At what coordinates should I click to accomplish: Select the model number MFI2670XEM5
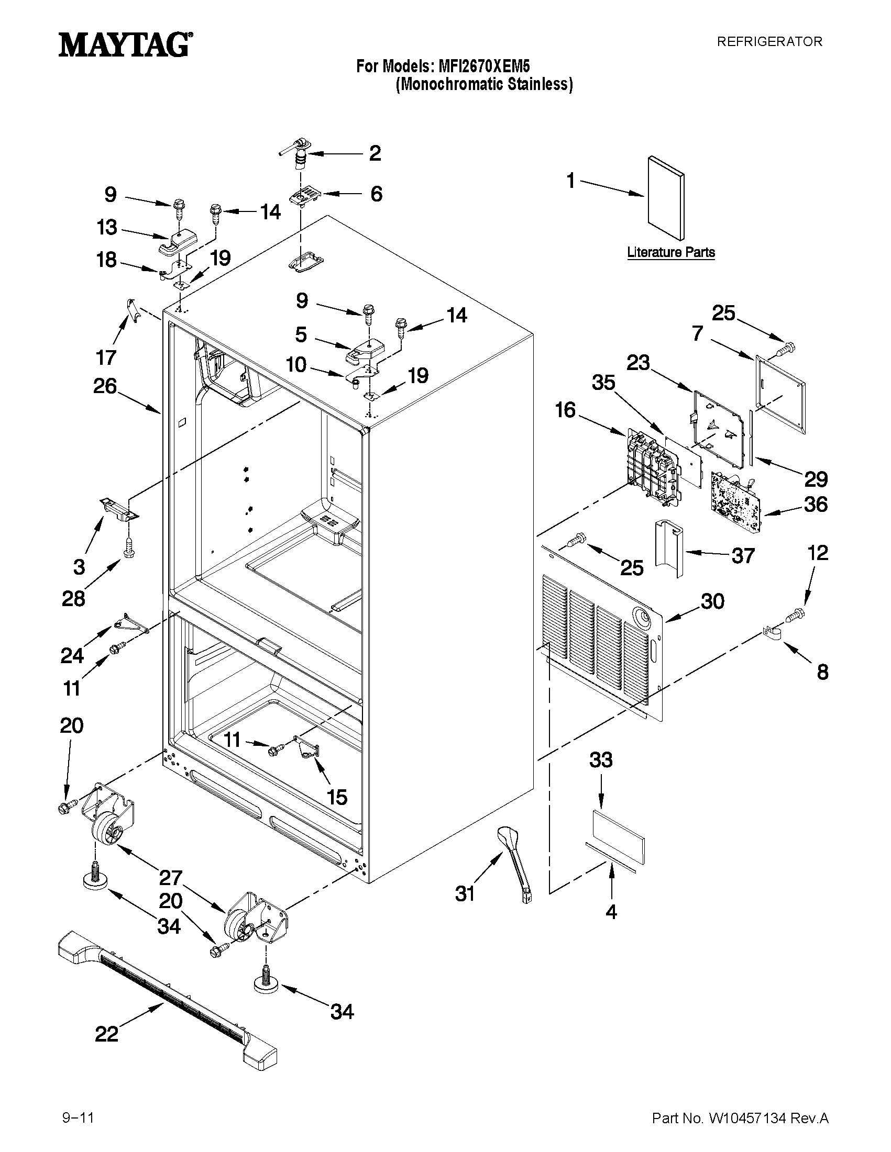(x=481, y=66)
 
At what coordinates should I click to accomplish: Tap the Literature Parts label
(x=671, y=252)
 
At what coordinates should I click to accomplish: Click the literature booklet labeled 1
(x=666, y=198)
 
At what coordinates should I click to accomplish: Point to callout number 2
(x=375, y=153)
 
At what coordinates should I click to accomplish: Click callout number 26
(x=105, y=386)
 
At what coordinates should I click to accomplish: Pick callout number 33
(x=601, y=760)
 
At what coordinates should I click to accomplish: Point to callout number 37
(x=743, y=555)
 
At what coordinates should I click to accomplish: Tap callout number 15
(x=337, y=797)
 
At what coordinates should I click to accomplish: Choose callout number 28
(x=73, y=599)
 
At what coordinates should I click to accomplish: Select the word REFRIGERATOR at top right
(x=769, y=42)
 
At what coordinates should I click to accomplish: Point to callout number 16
(x=565, y=410)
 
